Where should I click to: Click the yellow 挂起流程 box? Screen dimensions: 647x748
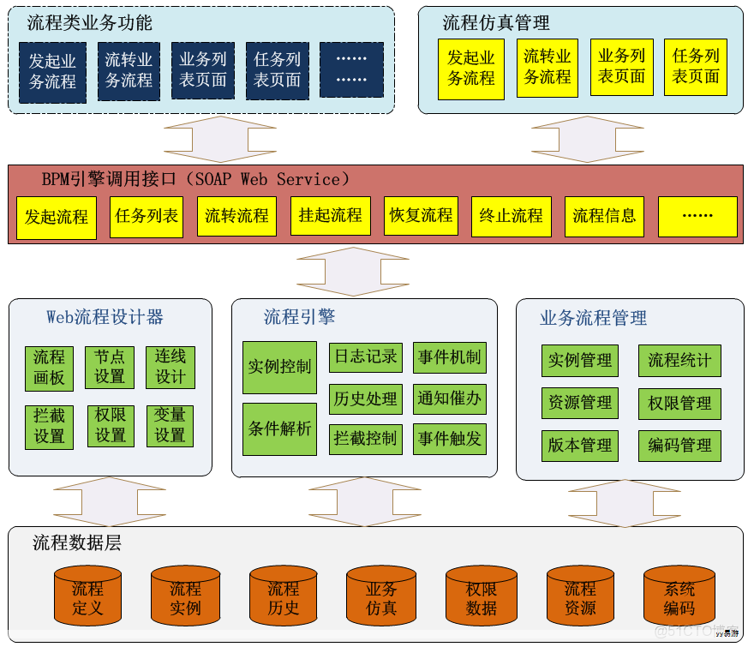pos(330,216)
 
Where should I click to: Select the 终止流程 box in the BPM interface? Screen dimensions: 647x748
pos(512,216)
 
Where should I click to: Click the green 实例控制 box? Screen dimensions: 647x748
pos(279,368)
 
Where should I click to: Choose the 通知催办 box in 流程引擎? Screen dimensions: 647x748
pos(449,398)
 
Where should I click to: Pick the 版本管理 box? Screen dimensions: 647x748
pos(580,446)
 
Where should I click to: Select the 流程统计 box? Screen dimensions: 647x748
pos(679,361)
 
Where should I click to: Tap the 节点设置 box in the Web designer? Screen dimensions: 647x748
pos(110,367)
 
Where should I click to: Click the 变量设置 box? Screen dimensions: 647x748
pos(170,426)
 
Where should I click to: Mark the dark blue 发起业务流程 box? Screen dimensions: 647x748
pos(52,72)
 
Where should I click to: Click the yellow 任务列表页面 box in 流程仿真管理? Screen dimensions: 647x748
pos(695,67)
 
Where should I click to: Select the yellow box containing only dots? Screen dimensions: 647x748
pos(697,216)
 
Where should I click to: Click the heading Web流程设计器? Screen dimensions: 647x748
pos(105,317)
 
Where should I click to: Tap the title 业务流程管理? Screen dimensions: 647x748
pos(593,319)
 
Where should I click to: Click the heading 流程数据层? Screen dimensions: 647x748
pos(77,543)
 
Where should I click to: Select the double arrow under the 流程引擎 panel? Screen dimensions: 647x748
pos(364,501)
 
